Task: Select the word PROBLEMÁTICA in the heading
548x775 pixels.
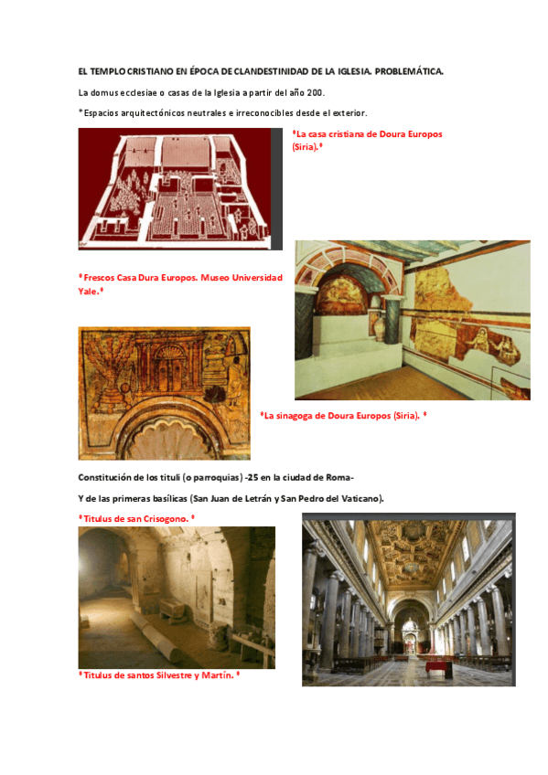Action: click(x=409, y=71)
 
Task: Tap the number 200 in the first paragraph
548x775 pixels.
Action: click(x=315, y=92)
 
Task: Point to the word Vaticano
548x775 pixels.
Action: click(x=359, y=498)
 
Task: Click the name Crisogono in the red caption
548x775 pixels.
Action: click(x=161, y=518)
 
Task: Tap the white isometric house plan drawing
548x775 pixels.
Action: click(x=175, y=188)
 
